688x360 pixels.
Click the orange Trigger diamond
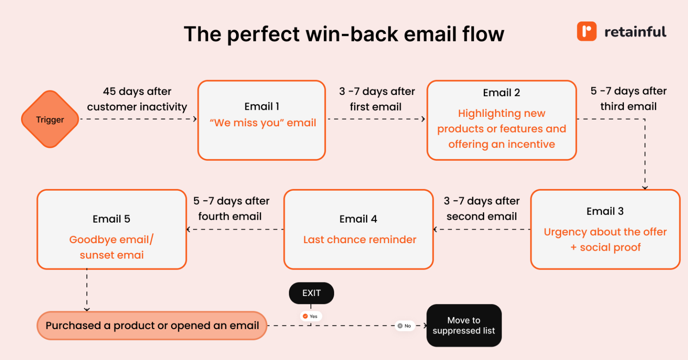[50, 120]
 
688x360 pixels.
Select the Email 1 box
[262, 120]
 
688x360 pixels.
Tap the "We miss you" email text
[263, 123]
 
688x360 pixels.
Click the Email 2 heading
[501, 93]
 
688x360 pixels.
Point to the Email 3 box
[605, 229]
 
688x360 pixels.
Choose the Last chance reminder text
[360, 240]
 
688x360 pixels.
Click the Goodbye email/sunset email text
[112, 247]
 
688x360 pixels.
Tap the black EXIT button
[311, 293]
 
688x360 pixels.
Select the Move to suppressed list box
[464, 326]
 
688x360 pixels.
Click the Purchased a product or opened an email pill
[152, 326]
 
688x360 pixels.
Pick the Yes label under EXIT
[310, 316]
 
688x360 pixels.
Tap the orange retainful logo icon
[586, 31]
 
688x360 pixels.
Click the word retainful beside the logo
[635, 32]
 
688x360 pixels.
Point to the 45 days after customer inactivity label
[137, 99]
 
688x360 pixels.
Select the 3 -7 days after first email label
[376, 99]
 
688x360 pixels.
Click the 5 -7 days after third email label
[628, 99]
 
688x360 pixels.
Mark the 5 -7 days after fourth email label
[231, 209]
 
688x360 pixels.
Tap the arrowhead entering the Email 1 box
[195, 119]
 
